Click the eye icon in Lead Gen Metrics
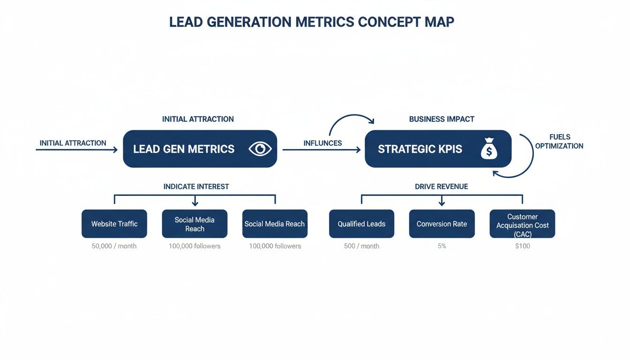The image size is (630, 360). tap(260, 149)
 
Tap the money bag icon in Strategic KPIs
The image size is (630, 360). tap(489, 150)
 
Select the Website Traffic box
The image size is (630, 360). tap(114, 224)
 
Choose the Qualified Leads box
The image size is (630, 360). tap(361, 224)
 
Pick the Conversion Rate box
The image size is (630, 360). tap(442, 224)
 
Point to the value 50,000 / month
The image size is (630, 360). tap(114, 246)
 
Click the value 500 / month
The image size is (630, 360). tap(361, 246)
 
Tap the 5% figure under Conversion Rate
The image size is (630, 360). tap(442, 246)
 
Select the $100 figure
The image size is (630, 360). tap(522, 246)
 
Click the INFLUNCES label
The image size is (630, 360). tap(322, 143)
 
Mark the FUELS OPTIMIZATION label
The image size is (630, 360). tap(559, 142)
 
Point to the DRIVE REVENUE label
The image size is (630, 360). tap(442, 187)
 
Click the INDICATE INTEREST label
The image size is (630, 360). tap(196, 187)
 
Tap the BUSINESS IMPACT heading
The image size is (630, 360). tap(442, 119)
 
